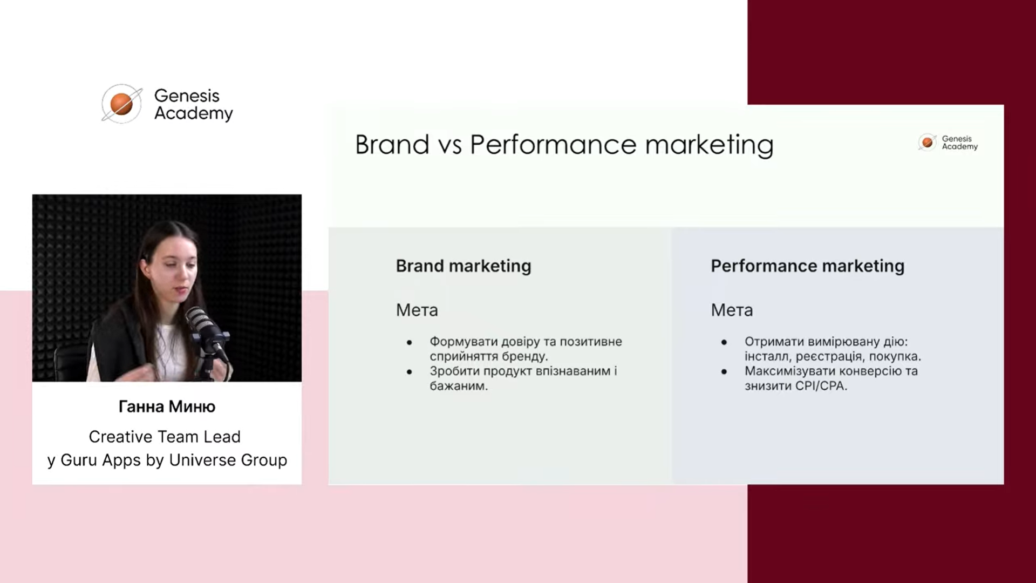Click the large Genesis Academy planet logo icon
(121, 104)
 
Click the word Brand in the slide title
(392, 145)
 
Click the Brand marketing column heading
(464, 266)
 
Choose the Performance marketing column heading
(807, 266)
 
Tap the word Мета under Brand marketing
(417, 310)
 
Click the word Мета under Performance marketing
(732, 310)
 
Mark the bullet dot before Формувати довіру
(410, 342)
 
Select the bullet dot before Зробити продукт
(410, 372)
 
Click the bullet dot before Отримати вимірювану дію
(724, 342)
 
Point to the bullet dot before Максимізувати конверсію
(724, 372)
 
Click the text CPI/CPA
(820, 386)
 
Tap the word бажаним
(459, 386)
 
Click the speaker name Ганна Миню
(167, 406)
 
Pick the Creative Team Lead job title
(165, 437)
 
